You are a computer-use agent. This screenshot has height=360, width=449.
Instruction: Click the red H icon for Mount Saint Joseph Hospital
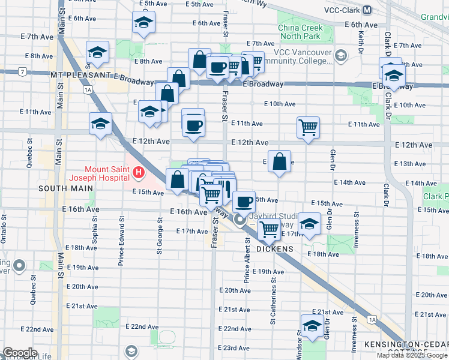coord(139,174)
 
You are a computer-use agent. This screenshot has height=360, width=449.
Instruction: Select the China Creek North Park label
coord(300,33)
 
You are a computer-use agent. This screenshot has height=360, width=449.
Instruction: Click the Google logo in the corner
coord(20,352)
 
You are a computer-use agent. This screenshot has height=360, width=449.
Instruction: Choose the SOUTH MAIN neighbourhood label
coord(66,188)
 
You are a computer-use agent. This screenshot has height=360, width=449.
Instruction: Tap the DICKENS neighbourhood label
coord(275,248)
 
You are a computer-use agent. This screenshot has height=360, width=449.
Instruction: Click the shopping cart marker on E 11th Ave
coord(308,127)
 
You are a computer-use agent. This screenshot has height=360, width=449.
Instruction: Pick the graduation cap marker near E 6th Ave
coord(143,23)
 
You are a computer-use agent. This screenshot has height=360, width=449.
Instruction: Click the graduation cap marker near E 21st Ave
coord(312,326)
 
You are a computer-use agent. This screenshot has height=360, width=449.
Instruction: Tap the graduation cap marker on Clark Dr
coord(393,76)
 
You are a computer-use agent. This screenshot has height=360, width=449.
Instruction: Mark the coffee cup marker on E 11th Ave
coord(193,125)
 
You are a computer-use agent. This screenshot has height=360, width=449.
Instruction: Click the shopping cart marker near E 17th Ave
coord(270,228)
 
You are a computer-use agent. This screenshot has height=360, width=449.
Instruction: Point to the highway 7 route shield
coord(22,72)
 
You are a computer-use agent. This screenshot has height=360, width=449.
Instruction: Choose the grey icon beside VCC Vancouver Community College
coord(341,56)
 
